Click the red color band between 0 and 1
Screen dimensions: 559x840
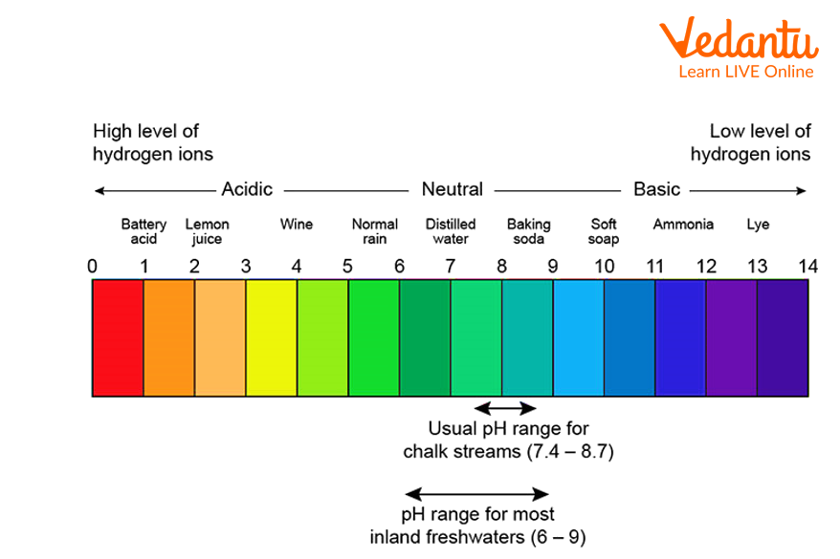coord(118,337)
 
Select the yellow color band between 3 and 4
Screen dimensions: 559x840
coord(272,337)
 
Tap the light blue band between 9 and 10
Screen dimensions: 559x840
coord(578,337)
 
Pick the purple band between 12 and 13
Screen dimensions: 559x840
coord(732,337)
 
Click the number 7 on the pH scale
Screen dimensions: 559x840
coord(450,267)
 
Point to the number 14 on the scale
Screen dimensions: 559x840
coord(807,267)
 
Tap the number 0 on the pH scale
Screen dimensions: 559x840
coord(93,267)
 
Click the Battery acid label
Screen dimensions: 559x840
coord(144,231)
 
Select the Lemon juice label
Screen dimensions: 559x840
coord(207,231)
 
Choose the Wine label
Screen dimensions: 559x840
coord(297,225)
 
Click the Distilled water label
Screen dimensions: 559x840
coord(451,231)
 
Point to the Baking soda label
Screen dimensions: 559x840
coord(528,231)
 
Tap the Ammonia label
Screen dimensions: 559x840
coord(683,225)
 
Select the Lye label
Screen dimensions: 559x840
coord(758,225)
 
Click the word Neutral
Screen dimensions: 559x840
coord(452,189)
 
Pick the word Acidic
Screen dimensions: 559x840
coord(247,189)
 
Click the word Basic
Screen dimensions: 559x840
coord(656,189)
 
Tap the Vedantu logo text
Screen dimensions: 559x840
coord(738,42)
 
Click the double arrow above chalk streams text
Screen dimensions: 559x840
coord(498,407)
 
